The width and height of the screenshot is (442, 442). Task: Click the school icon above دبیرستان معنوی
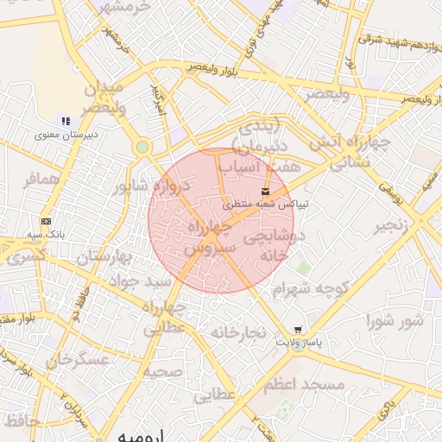[x=65, y=119]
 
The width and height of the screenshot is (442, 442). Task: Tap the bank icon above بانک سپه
[x=45, y=221]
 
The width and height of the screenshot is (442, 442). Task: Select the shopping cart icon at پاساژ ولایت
[x=298, y=330]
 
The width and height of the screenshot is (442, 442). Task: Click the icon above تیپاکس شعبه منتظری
[x=264, y=191]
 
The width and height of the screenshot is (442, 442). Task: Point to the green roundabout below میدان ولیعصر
[x=142, y=147]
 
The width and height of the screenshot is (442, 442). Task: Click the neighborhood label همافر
[x=42, y=180]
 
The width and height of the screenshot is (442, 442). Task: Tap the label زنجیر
[x=391, y=227]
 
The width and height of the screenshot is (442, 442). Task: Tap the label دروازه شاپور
[x=144, y=186]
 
